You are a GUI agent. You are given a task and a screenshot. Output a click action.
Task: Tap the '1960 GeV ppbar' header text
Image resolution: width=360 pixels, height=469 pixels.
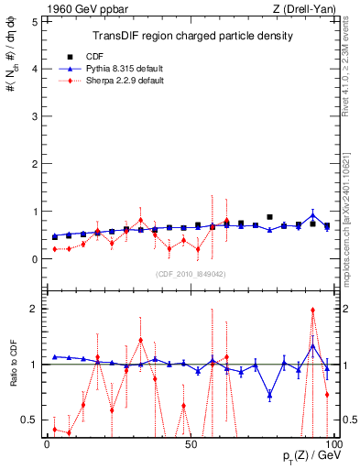point(78,8)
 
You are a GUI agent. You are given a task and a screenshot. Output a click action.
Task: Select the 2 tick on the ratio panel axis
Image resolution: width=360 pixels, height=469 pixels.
point(35,309)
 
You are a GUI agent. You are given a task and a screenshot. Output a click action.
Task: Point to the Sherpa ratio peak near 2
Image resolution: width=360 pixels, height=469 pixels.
point(312,310)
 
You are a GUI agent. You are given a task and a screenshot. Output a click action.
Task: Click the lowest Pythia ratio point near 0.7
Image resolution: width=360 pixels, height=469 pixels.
point(269,396)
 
